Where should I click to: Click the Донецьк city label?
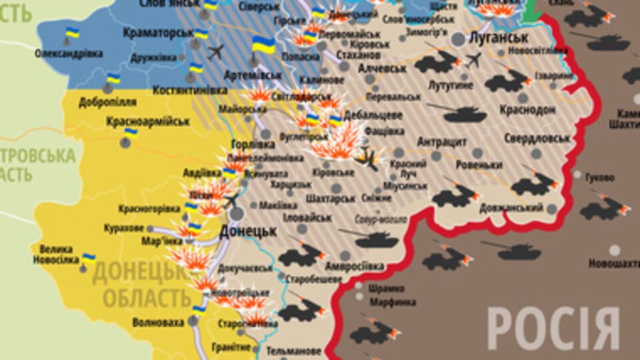247,231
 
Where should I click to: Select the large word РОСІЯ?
553,329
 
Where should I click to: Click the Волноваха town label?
158,323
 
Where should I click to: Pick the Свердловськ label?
537,139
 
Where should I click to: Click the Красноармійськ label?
148,122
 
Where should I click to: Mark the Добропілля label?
107,102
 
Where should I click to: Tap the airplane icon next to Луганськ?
473,61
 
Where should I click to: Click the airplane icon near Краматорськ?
215,51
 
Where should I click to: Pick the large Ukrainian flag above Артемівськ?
264,46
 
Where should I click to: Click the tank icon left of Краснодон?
464,114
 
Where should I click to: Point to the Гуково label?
599,177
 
